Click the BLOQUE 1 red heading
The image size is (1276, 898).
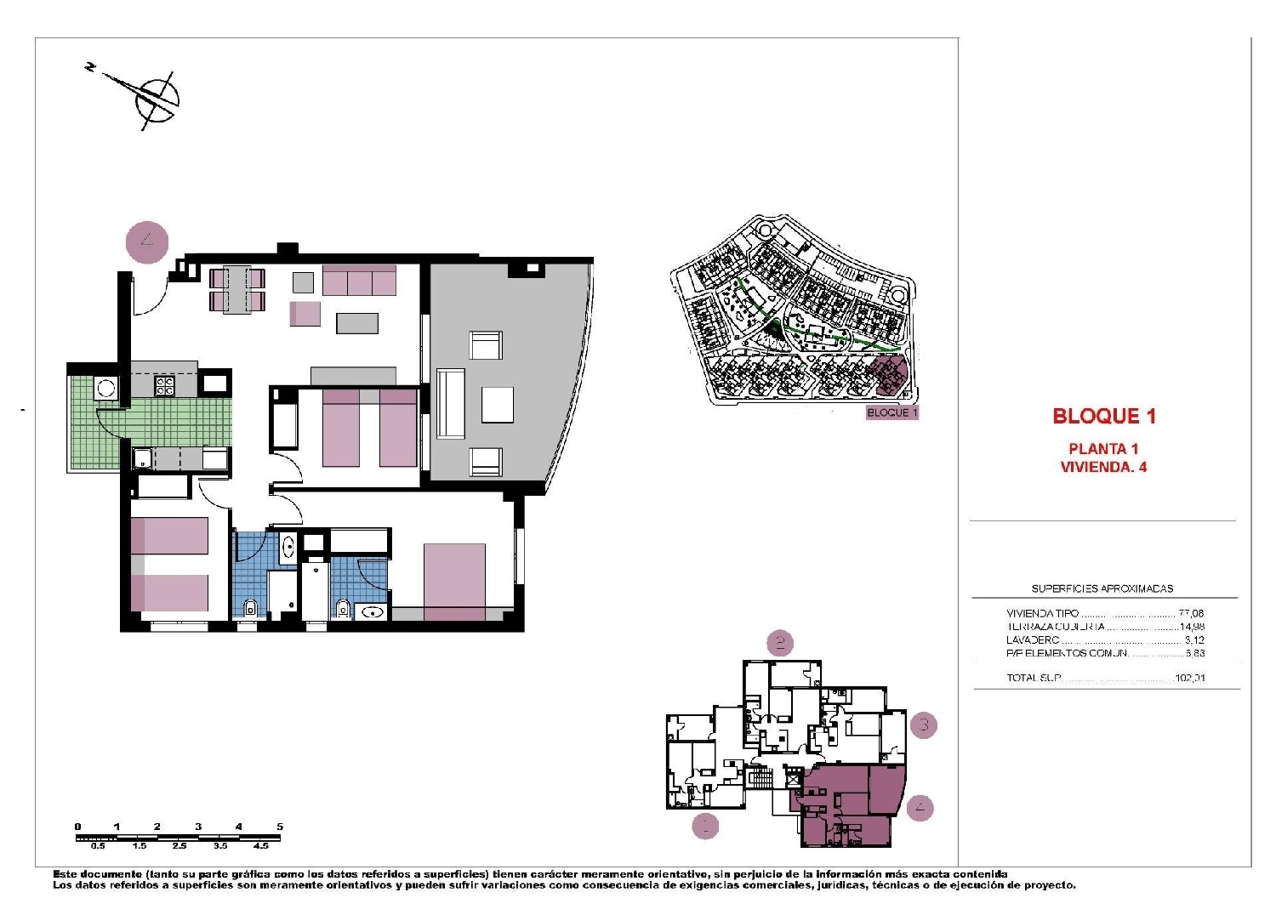point(1104,416)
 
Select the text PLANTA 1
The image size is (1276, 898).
point(1103,449)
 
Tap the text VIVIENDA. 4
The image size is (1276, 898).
point(1103,467)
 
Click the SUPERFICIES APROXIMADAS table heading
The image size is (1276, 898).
point(1102,588)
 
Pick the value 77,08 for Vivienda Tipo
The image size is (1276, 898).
point(1191,613)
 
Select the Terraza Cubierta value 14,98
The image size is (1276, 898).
point(1191,627)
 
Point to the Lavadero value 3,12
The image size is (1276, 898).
point(1194,640)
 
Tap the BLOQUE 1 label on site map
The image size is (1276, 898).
point(891,412)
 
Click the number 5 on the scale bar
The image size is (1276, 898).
point(279,827)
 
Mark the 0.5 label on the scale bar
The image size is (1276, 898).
point(98,846)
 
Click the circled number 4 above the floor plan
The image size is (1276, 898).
point(147,242)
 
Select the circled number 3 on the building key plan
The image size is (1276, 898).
point(924,725)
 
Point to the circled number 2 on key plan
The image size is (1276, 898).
point(780,643)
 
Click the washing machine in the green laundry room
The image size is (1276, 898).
point(106,389)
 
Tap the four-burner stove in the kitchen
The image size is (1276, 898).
point(164,386)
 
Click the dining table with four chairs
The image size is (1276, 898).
point(237,290)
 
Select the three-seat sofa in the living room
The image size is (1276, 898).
point(359,280)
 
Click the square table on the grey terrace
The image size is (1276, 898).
point(498,405)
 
